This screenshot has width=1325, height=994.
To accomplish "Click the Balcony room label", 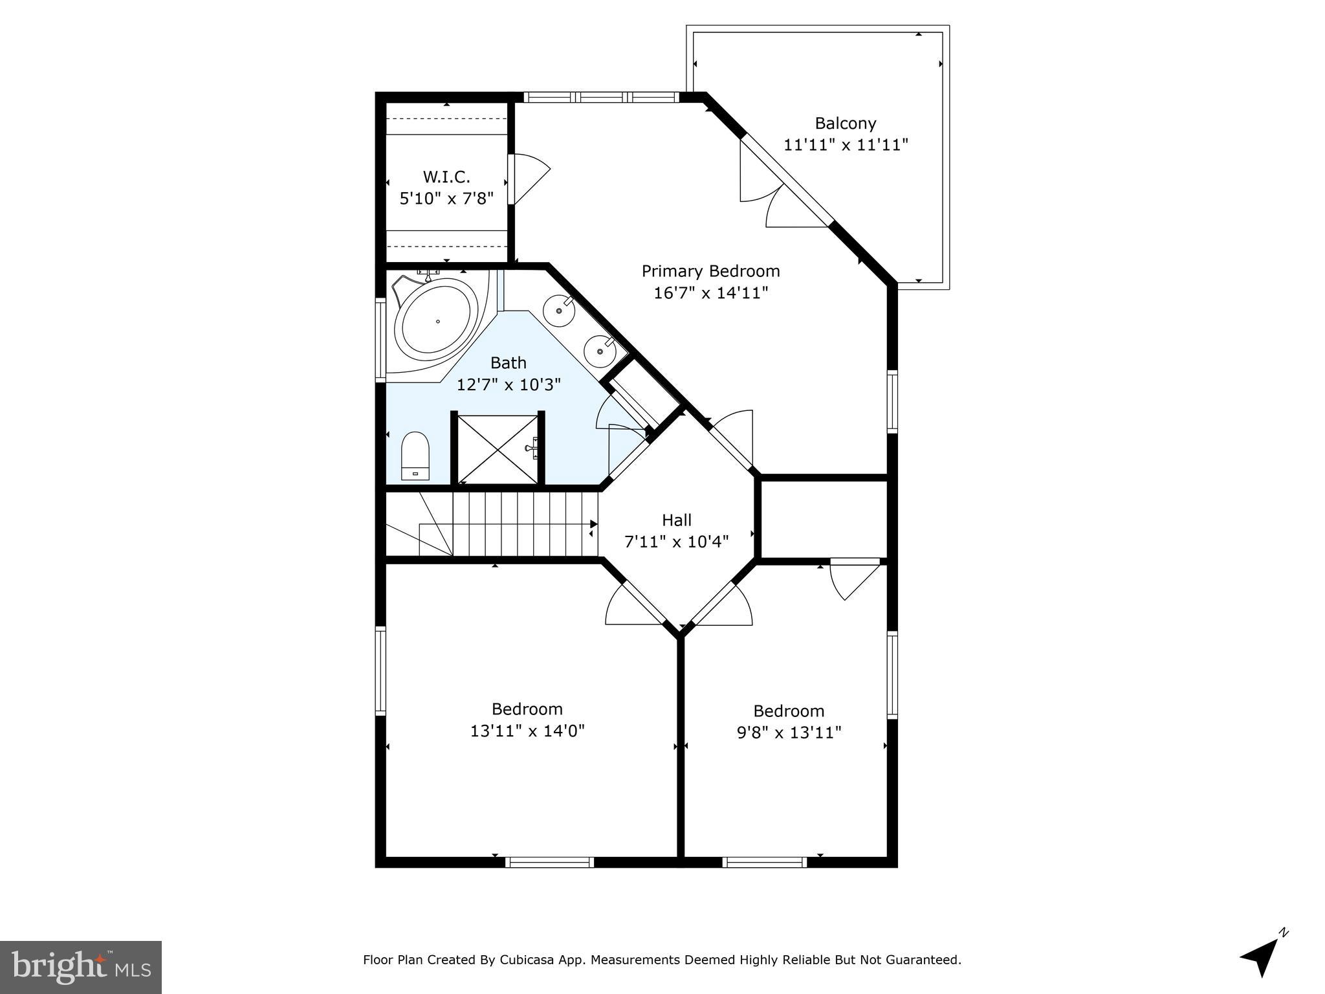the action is (845, 123).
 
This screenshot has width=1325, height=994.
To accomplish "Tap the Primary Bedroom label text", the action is (710, 271).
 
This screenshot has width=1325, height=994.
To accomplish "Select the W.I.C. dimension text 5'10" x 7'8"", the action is (446, 198).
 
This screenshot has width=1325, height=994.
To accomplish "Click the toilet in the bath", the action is (415, 456).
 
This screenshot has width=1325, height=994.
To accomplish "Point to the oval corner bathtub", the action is (437, 322).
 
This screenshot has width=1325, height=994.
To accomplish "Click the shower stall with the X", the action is (498, 448).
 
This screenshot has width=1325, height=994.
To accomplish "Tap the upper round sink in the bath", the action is (558, 311).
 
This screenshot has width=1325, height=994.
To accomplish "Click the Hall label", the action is (677, 520).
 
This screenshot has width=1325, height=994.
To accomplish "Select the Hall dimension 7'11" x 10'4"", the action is (677, 542).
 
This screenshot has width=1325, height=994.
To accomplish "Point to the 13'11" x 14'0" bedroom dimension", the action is (527, 731).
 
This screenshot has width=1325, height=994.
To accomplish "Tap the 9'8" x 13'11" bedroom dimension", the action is (789, 733).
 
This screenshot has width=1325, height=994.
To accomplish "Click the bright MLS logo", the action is (81, 967).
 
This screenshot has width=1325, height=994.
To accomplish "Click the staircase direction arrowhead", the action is (593, 524).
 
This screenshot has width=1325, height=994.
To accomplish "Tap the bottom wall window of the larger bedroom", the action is (549, 862).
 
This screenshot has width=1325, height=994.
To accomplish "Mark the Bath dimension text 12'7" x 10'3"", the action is (509, 385).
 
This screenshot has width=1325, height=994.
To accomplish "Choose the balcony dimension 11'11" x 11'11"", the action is (846, 144).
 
